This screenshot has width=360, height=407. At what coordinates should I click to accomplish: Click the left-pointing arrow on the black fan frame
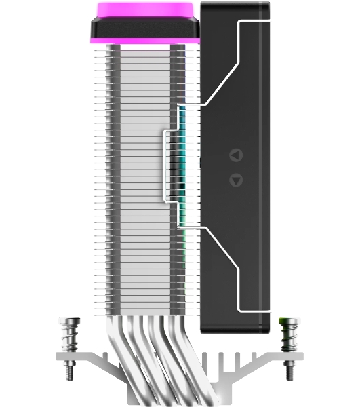(235, 155)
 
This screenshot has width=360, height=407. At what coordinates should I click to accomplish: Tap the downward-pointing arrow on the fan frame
(235, 180)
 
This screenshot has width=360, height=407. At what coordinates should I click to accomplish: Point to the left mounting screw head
(70, 322)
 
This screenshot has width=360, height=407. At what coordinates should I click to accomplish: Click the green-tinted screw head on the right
(289, 321)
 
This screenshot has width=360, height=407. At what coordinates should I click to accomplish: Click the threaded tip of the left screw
(70, 371)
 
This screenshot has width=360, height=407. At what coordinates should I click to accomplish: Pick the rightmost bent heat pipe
(187, 353)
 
